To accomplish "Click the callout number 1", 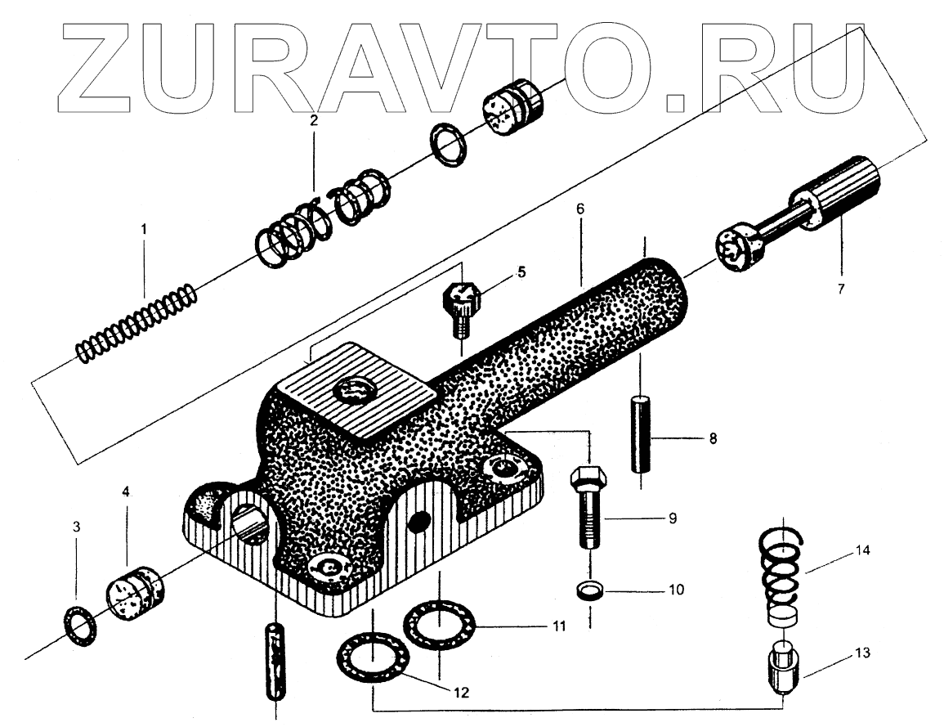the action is [x=144, y=230].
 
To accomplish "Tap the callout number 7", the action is [x=840, y=288].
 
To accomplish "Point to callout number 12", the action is [x=461, y=692].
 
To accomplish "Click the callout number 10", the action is [x=675, y=589].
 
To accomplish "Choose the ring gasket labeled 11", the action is [x=438, y=627].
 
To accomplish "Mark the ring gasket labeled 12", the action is [x=371, y=658].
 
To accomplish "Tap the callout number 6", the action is [x=579, y=209].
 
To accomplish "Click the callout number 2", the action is [x=313, y=120].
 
